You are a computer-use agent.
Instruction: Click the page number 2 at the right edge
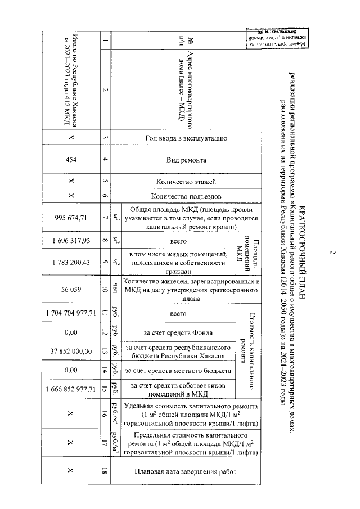coord(332,254)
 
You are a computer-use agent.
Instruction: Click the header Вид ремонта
coord(186,160)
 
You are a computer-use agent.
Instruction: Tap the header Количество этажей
coord(186,181)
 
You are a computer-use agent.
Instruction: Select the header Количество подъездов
coord(186,196)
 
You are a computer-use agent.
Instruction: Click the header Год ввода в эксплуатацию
coord(186,137)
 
